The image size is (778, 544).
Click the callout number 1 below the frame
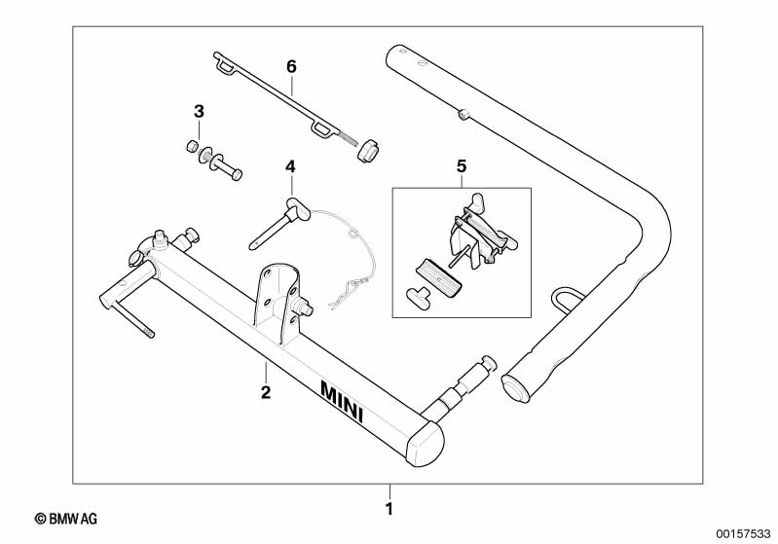389,508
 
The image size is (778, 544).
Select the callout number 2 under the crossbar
265,392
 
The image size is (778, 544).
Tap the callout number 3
199,112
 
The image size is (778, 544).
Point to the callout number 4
289,167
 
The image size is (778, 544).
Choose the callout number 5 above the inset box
462,166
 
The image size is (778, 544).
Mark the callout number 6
290,66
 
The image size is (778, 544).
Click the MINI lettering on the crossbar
342,400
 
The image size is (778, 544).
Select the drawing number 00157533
742,533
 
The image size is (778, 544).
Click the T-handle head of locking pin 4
294,205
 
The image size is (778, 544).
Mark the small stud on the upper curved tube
463,116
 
